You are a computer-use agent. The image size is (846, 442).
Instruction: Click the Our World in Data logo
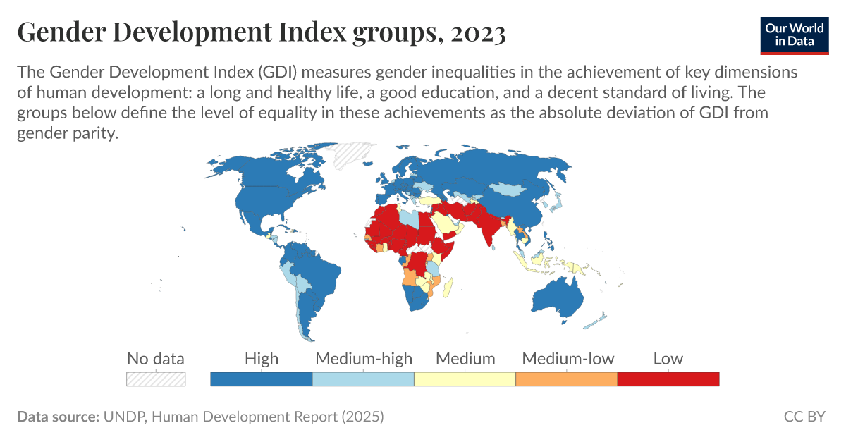click(x=795, y=33)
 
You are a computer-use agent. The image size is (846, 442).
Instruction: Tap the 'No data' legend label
click(x=155, y=358)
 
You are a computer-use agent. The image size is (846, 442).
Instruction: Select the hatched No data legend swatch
click(x=156, y=379)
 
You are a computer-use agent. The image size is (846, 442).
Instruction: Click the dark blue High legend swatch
click(x=262, y=379)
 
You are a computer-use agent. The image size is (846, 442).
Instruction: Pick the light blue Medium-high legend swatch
click(x=363, y=379)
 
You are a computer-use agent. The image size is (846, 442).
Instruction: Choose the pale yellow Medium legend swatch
click(x=465, y=379)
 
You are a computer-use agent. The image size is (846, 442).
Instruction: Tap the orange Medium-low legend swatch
click(x=566, y=379)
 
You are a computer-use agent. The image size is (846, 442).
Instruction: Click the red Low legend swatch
click(x=668, y=379)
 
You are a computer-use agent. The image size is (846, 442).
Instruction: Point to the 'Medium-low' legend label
click(x=568, y=358)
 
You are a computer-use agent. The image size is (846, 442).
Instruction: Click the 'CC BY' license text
click(x=804, y=417)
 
